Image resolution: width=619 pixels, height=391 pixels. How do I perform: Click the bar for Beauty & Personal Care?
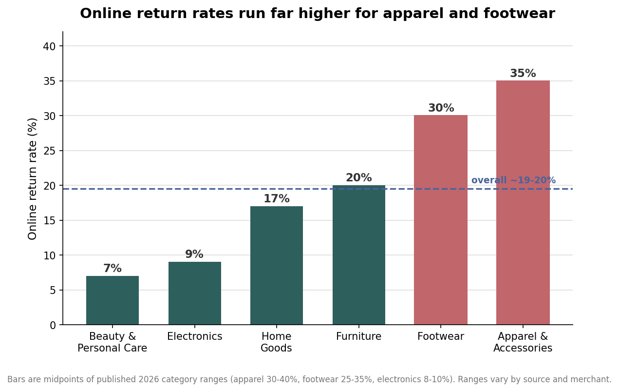113,300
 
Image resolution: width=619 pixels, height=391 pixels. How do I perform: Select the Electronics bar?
195,293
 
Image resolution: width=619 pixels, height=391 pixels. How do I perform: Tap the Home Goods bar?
277,265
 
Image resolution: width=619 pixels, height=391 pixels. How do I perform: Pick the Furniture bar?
358,255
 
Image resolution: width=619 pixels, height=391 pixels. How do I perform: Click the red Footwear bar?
441,220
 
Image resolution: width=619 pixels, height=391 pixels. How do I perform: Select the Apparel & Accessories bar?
523,202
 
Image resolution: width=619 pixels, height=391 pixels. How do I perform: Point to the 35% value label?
523,73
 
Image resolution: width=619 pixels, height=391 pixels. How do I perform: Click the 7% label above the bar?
113,268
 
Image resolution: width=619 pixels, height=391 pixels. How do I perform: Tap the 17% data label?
277,198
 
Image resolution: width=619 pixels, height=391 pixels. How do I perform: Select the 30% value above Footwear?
441,108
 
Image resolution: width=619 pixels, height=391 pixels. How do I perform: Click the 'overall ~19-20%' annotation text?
513,180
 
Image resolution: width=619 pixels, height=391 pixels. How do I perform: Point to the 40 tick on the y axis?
49,46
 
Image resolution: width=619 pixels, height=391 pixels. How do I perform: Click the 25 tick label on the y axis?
50,151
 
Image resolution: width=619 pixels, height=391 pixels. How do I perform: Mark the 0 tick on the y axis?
53,325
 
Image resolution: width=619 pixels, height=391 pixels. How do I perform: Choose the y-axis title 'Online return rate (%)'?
32,179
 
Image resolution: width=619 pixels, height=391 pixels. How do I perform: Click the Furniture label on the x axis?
358,336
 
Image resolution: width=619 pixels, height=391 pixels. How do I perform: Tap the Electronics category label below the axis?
195,336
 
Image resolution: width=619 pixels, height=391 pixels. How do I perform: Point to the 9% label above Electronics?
194,254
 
